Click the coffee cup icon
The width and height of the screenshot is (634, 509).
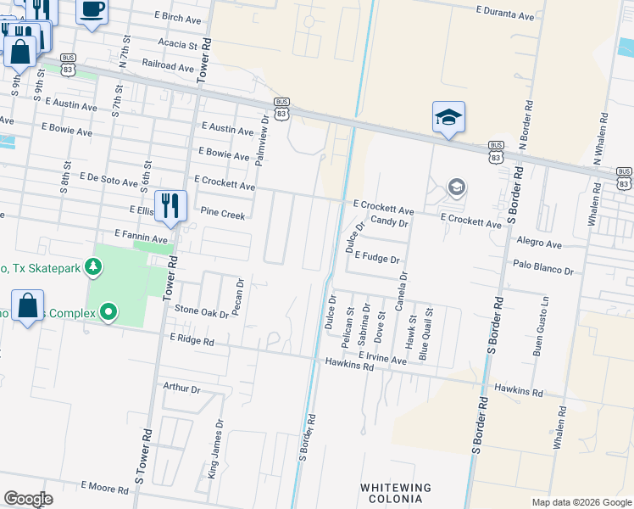pos(92,11)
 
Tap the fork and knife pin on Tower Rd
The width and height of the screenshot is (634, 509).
pos(170,206)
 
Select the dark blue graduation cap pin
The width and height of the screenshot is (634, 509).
pos(448,119)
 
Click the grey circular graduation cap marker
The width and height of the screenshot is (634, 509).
pos(457,187)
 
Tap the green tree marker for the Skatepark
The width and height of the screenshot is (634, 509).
pos(94,268)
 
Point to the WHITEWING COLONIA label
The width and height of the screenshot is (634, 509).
pos(395,493)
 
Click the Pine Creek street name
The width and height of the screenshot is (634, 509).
pos(222,215)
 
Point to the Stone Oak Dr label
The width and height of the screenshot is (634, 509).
pos(202,312)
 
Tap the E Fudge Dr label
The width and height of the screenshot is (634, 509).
pos(377,256)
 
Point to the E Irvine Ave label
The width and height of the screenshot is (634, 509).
pos(382,359)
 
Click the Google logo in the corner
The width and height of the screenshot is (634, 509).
pos(28,498)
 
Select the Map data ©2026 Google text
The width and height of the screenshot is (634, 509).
pos(581,502)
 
